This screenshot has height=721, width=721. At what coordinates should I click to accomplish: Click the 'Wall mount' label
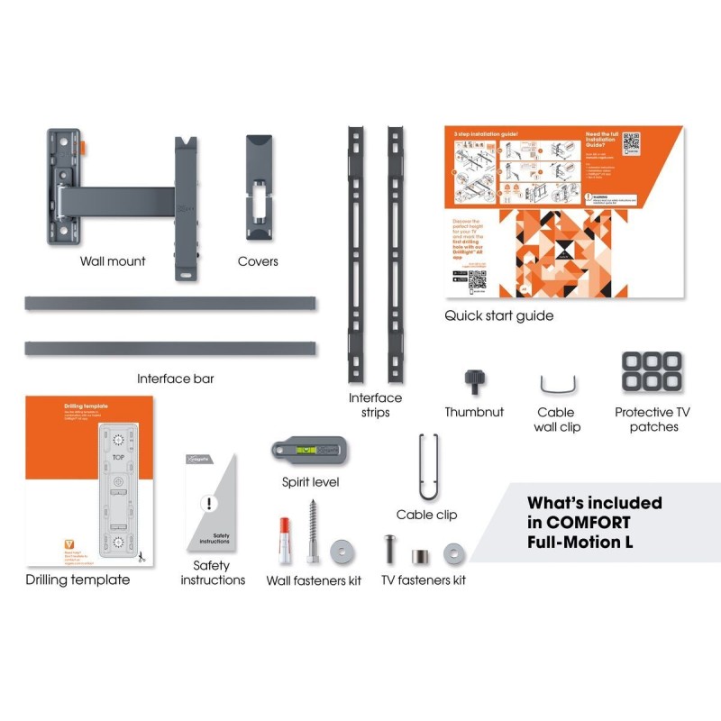113,261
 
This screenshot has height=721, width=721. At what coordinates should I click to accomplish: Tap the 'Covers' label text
258,261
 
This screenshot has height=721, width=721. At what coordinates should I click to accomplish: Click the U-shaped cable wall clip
557,386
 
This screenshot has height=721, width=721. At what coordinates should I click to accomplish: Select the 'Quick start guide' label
498,315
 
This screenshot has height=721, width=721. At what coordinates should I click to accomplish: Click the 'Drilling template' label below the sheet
78,580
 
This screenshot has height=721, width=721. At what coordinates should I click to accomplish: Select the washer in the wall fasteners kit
342,550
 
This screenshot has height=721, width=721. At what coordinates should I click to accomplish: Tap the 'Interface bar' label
176,379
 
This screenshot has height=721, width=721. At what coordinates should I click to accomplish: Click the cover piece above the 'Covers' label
259,189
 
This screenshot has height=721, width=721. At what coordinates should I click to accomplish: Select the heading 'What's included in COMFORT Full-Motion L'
595,523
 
